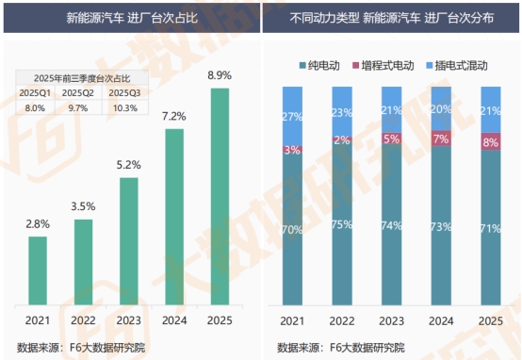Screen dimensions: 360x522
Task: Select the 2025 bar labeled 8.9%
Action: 219,198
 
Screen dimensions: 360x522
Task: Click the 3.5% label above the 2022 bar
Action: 83,205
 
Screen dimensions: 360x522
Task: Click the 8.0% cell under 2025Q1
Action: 36,108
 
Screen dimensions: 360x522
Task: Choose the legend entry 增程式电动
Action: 386,65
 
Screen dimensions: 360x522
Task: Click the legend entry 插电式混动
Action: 456,65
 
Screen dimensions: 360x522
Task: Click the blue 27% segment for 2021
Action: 293,116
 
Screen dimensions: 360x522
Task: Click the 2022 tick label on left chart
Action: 83,320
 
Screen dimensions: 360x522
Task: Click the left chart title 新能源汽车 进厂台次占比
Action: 130,18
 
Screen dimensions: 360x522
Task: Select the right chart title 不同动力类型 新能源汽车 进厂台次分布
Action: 392,18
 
